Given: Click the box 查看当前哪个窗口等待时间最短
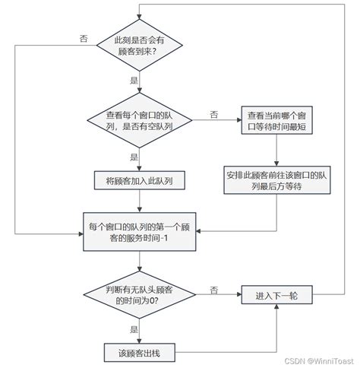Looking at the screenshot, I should click(277, 120).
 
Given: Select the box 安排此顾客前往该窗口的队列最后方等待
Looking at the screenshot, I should click(277, 181).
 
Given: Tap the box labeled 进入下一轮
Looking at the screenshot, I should click(277, 295).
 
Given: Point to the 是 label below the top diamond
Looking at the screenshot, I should click(134, 79).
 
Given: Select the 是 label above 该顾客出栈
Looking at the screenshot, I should click(134, 330).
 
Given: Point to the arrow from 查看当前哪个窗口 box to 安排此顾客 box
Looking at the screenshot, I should click(277, 149).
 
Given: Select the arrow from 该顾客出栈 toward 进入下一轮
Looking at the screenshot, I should click(228, 351).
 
